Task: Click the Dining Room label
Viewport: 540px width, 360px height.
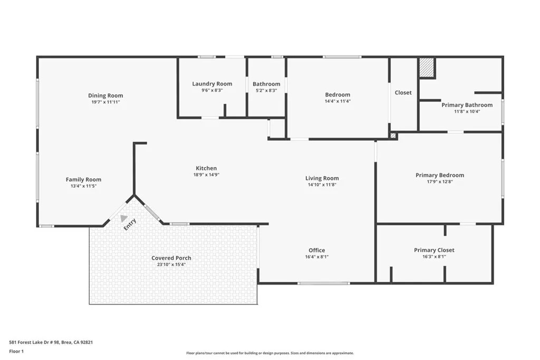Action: click(105, 96)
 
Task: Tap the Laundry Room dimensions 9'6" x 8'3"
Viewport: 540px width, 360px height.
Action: click(212, 90)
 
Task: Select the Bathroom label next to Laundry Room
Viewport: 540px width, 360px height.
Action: click(266, 84)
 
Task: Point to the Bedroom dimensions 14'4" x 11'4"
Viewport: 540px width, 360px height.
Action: click(337, 101)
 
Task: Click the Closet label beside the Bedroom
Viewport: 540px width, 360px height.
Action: click(403, 93)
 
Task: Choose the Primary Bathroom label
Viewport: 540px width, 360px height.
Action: click(467, 105)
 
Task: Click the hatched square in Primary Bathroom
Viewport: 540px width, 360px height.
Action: click(427, 67)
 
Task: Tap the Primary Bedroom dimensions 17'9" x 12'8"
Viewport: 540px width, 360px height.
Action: click(440, 182)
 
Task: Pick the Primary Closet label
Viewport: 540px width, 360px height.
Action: click(434, 250)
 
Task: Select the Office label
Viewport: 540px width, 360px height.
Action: click(316, 250)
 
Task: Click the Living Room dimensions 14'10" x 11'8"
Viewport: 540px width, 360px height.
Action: click(322, 184)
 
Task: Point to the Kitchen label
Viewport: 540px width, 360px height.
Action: click(206, 168)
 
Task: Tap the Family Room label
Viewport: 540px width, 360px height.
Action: click(83, 180)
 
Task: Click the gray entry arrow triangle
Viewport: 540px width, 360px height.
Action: click(123, 218)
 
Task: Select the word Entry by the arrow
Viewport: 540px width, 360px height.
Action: click(130, 225)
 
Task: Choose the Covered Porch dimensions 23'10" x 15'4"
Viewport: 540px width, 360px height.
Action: click(171, 264)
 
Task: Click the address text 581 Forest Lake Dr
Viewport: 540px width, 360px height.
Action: click(33, 342)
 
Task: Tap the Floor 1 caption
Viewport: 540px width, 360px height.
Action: click(16, 352)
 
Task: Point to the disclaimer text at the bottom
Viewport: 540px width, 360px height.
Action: click(270, 353)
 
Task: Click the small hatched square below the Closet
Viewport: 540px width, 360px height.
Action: click(393, 135)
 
